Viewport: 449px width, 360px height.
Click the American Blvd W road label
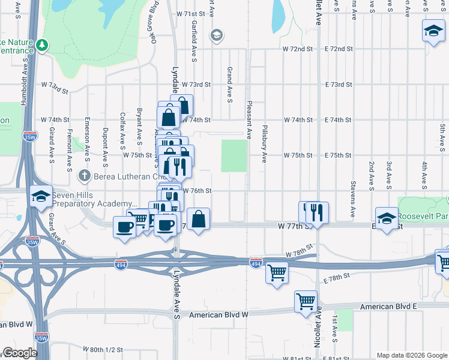[218, 314]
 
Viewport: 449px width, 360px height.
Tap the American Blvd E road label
[388, 307]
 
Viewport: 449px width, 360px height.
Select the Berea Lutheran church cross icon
[85, 175]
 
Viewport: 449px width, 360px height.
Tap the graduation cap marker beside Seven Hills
[40, 197]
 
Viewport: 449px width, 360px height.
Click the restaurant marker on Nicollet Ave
[317, 212]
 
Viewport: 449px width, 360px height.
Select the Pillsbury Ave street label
[264, 145]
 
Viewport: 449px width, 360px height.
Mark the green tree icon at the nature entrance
[42, 45]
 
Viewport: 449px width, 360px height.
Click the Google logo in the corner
[20, 353]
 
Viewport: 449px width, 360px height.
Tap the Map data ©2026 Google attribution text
[411, 355]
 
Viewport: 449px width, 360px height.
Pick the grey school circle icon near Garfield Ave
[215, 36]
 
